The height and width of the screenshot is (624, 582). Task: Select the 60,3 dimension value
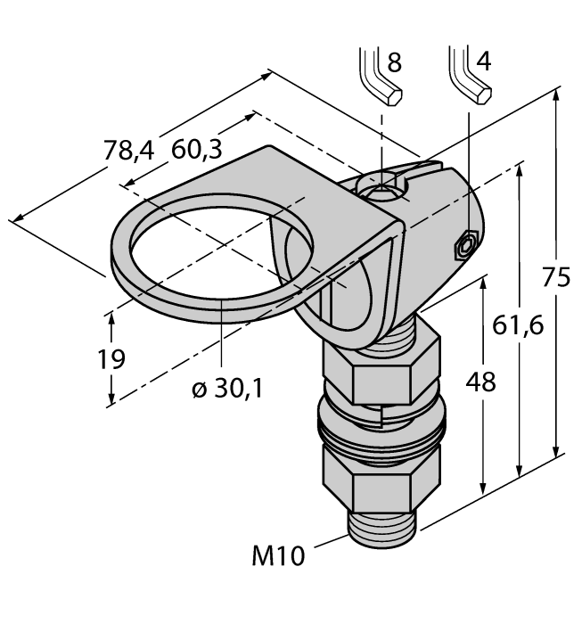197,151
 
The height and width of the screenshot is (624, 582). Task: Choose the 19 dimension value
111,359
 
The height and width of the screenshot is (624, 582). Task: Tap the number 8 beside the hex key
393,62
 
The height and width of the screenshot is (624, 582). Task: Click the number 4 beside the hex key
484,62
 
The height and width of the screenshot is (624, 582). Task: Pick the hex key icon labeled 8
378,75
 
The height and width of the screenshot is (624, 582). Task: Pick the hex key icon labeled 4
470,75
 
